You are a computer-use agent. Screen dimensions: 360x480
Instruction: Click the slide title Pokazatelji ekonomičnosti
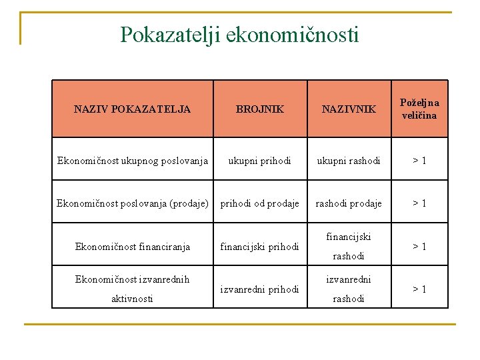click(239, 34)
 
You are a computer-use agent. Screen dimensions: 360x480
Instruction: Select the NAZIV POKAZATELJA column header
click(132, 109)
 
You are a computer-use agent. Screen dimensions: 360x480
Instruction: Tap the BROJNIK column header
click(259, 109)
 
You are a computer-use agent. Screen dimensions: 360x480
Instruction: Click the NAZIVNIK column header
click(349, 109)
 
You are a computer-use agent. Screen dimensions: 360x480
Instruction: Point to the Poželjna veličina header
click(419, 109)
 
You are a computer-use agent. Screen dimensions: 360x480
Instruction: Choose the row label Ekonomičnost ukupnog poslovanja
click(132, 161)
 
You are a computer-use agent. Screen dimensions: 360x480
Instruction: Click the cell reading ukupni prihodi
click(259, 161)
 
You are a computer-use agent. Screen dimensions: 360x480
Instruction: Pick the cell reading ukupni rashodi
click(349, 161)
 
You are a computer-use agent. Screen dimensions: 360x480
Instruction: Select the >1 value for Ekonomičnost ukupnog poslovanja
click(419, 161)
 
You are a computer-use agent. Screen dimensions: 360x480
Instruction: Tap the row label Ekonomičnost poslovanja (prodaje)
click(132, 203)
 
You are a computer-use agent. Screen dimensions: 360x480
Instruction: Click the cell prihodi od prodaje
click(259, 203)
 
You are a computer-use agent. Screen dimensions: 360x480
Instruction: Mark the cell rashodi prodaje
click(349, 203)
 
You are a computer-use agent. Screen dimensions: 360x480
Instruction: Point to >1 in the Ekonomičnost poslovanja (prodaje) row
click(419, 203)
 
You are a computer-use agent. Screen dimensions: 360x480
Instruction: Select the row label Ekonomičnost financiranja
click(132, 247)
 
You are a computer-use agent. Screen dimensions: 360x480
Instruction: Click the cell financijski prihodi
click(259, 247)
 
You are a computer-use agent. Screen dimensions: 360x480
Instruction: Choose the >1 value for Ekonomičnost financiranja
click(419, 247)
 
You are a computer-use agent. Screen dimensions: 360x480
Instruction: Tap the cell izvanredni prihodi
click(259, 289)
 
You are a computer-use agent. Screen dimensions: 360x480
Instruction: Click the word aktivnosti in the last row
click(132, 299)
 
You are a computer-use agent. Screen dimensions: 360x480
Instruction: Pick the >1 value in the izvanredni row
click(419, 289)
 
